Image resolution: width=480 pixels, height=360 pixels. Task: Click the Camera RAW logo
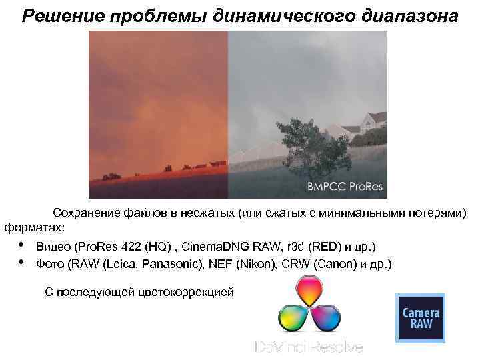click(420, 318)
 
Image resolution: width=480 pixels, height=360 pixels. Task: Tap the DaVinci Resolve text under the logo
click(309, 347)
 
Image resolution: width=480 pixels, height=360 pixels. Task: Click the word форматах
click(34, 228)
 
